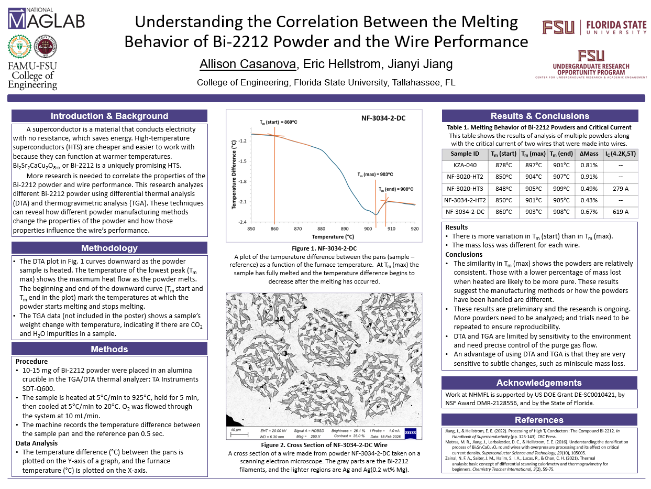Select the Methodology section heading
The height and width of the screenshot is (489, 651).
tap(109, 248)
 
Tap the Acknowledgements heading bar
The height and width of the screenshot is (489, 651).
tap(539, 383)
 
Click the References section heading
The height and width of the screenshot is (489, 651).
tap(539, 420)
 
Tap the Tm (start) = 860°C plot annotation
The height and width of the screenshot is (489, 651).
tap(279, 122)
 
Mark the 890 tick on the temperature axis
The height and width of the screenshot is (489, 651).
tap(344, 229)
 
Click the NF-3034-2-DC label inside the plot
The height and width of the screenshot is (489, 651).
tap(384, 118)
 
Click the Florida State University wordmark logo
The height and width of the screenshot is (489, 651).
tap(594, 27)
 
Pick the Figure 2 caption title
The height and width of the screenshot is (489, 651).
tap(324, 445)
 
